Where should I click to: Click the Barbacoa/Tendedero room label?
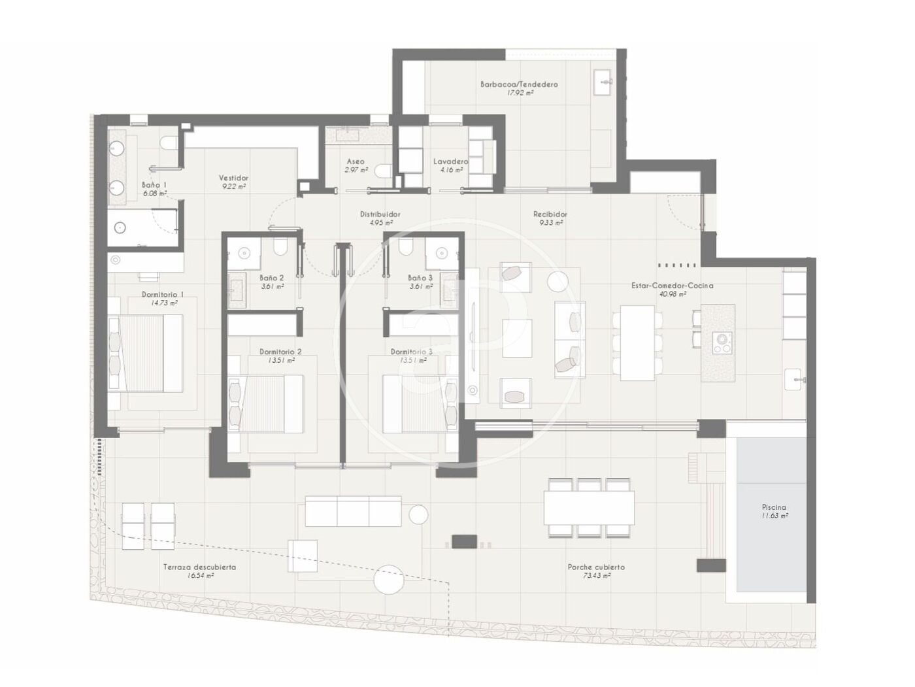click(x=518, y=84)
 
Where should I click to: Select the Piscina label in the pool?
click(x=774, y=507)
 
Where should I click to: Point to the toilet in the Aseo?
click(x=383, y=171)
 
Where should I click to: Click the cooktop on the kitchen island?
click(x=721, y=343)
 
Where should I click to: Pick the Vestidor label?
click(x=233, y=178)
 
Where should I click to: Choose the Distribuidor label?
click(x=380, y=214)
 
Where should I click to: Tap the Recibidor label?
click(x=550, y=214)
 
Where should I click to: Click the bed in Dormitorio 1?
click(x=146, y=353)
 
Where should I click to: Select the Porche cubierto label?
click(x=596, y=567)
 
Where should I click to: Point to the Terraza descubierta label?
click(x=200, y=567)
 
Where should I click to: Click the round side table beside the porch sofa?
click(x=418, y=514)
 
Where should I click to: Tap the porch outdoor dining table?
click(x=589, y=508)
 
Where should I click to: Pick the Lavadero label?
click(x=450, y=161)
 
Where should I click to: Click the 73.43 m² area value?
click(x=597, y=576)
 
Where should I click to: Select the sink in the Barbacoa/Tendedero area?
click(x=603, y=82)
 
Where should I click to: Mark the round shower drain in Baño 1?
click(x=120, y=227)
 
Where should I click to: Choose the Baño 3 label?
click(x=420, y=278)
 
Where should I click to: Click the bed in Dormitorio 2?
click(x=266, y=403)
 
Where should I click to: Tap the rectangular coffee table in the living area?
click(x=517, y=338)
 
